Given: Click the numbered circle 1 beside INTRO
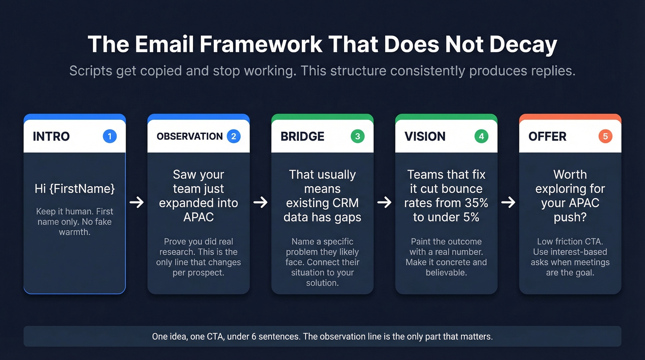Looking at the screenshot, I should point(110,136).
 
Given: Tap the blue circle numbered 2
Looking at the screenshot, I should point(234,136).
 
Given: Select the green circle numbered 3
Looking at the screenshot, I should point(358,136).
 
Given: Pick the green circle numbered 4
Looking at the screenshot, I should point(481,136).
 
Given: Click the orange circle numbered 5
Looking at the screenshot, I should point(605,136).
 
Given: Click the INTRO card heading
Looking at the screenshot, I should point(51,136).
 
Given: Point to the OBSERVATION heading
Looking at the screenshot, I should point(189,136).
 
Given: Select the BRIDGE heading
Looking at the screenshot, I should point(302,136).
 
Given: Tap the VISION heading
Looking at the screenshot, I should point(425,136).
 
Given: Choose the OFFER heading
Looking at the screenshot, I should point(547,136).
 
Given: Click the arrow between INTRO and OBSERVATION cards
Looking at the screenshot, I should point(136,202).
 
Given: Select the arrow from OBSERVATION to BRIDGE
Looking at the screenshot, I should point(260,202).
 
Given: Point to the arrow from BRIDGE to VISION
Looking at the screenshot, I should point(384,202).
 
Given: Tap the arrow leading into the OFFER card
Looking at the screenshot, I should point(508,202).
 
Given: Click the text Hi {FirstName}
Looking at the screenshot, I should point(75,189).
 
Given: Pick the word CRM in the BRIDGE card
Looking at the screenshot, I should point(345,203).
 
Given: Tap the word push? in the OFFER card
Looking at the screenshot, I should point(570,217).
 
